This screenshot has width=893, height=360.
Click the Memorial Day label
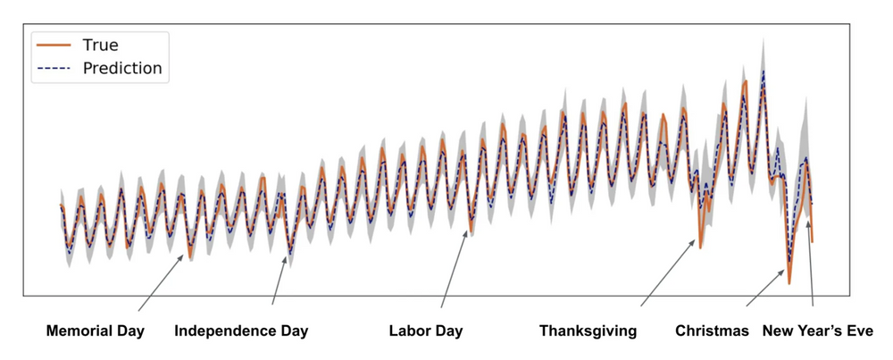coord(96,331)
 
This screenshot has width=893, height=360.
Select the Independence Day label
coord(241,331)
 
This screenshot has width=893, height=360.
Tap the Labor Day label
coord(426,331)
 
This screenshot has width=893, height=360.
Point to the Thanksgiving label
coord(588,331)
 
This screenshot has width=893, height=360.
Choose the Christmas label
coord(712,331)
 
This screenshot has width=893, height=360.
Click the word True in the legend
coord(100,44)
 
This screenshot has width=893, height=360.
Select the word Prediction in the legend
coord(121,68)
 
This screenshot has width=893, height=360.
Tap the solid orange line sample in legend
coord(53,44)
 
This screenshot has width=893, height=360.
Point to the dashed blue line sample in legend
coord(53,68)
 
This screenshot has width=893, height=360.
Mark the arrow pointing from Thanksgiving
coord(667,273)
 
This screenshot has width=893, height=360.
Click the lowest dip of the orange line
coord(789,283)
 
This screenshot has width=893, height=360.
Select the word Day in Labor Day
coord(448,331)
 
